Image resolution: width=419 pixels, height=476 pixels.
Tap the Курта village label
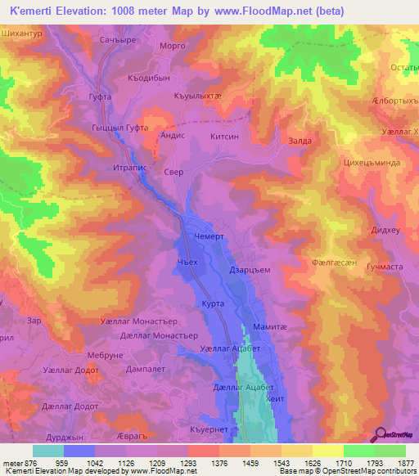point(214,303)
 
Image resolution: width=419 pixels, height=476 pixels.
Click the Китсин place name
point(225,138)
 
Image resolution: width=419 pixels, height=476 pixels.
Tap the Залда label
point(300,141)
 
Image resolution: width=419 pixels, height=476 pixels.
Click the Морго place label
point(173,45)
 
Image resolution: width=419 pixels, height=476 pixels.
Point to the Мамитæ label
point(269,326)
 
